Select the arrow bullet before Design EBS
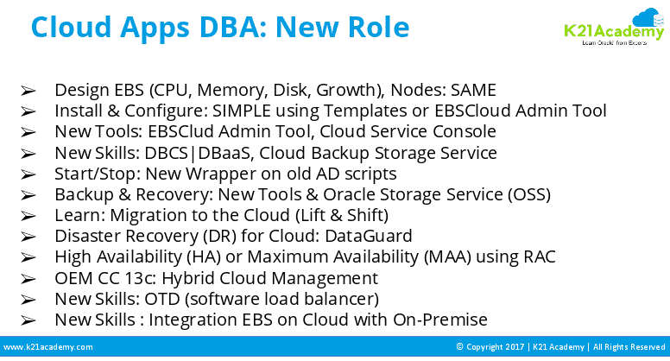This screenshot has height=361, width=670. [x=28, y=90]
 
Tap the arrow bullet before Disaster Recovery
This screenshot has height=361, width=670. [x=28, y=236]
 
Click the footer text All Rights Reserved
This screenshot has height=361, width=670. [x=627, y=347]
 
